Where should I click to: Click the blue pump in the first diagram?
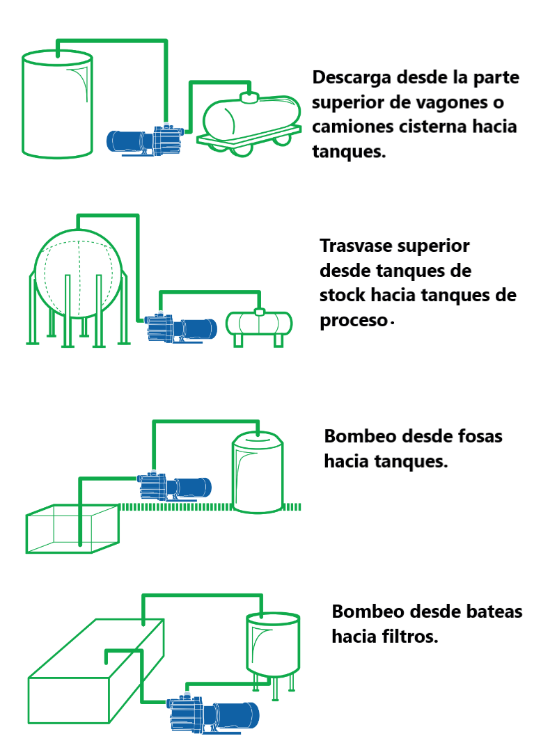146,139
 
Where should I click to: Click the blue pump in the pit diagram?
174,486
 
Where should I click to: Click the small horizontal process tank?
260,324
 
